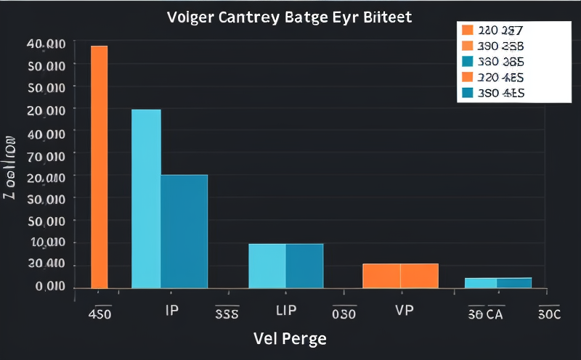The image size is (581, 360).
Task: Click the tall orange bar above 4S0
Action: pyautogui.click(x=99, y=167)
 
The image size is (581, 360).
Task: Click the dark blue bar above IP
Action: pyautogui.click(x=184, y=232)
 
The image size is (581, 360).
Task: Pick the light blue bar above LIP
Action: pyautogui.click(x=267, y=266)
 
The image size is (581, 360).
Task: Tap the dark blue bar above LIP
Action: pyautogui.click(x=304, y=266)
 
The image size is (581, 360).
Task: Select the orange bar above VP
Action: pyautogui.click(x=400, y=276)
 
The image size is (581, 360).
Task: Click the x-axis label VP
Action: pyautogui.click(x=405, y=310)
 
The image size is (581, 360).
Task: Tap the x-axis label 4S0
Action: pyautogui.click(x=99, y=315)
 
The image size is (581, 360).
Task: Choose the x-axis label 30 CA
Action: pyautogui.click(x=486, y=315)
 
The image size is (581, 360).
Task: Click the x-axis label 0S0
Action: pyautogui.click(x=344, y=315)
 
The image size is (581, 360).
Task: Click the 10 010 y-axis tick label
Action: pyautogui.click(x=46, y=243)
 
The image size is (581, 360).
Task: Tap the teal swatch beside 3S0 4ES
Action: pyautogui.click(x=467, y=93)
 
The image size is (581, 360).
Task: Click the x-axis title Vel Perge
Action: pyautogui.click(x=290, y=338)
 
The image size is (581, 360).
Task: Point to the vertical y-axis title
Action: pyautogui.click(x=11, y=167)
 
